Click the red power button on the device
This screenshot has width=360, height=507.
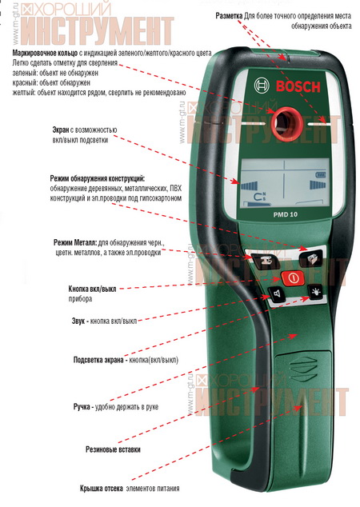pyautogui.click(x=292, y=277)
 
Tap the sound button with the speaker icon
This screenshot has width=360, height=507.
pyautogui.click(x=277, y=294)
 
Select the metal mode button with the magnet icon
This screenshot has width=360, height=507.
pyautogui.click(x=266, y=260)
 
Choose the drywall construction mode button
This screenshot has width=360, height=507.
pyautogui.click(x=310, y=257)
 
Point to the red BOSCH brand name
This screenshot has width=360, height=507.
pyautogui.click(x=298, y=86)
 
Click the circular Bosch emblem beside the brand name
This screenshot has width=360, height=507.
pyautogui.click(x=262, y=86)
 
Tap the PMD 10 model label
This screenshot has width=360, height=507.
pyautogui.click(x=286, y=214)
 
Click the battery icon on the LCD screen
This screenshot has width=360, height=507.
pyautogui.click(x=321, y=175)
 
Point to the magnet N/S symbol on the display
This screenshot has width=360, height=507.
pyautogui.click(x=259, y=196)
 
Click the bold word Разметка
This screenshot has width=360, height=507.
pyautogui.click(x=229, y=16)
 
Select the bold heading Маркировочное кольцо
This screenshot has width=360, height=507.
pyautogui.click(x=45, y=53)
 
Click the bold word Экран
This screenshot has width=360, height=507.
pyautogui.click(x=61, y=130)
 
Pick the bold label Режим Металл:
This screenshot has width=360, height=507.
pyautogui.click(x=75, y=242)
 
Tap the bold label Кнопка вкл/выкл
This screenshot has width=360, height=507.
pyautogui.click(x=92, y=289)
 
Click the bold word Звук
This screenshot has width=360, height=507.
pyautogui.click(x=78, y=321)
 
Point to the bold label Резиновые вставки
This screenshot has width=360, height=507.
pyautogui.click(x=113, y=449)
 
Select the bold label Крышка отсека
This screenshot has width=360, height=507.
pyautogui.click(x=102, y=489)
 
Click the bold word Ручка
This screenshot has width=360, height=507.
pyautogui.click(x=82, y=407)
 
